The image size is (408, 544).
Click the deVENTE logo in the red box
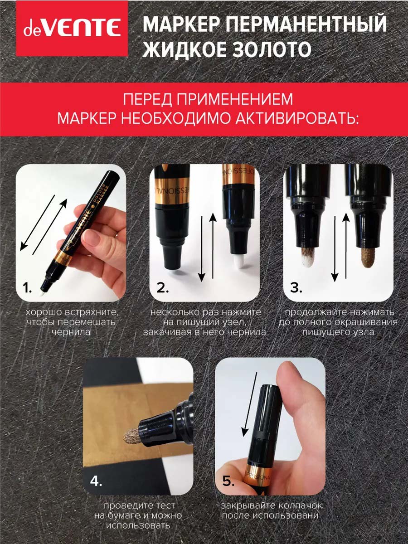pyautogui.click(x=72, y=29)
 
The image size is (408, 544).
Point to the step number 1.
pyautogui.click(x=27, y=288)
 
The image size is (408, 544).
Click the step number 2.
pyautogui.click(x=162, y=288)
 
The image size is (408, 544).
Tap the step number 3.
pyautogui.click(x=296, y=288)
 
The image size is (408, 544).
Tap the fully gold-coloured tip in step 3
pyautogui.click(x=368, y=257)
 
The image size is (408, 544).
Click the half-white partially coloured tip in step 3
pyautogui.click(x=308, y=257)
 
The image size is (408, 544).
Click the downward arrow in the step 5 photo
pyautogui.click(x=250, y=404)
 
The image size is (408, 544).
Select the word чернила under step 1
pyautogui.click(x=71, y=332)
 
